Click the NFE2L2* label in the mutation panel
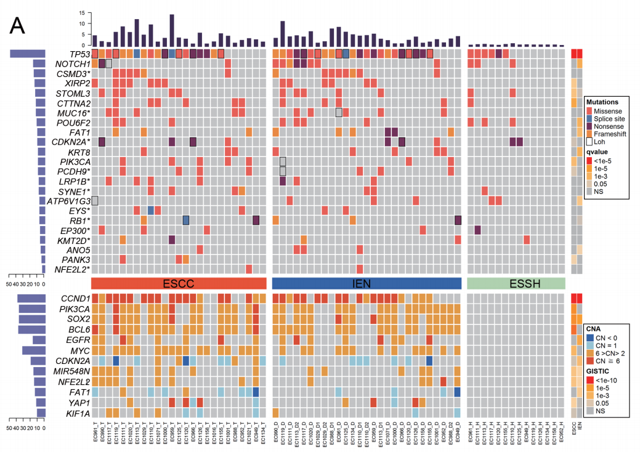pos(70,269)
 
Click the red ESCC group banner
pos(179,283)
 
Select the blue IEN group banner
pos(367,283)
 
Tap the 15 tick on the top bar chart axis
pos(81,13)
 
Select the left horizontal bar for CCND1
pos(31,299)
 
